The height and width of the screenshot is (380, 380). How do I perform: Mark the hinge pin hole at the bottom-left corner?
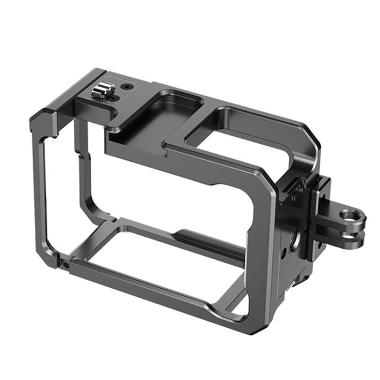[x=66, y=264]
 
